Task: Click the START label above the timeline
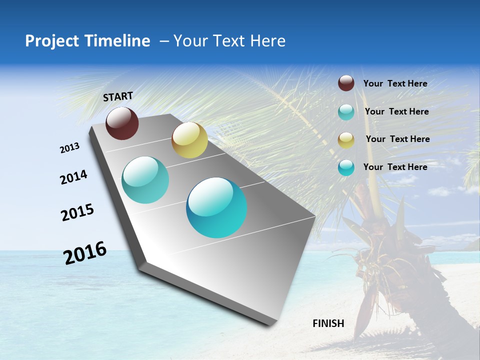[x=118, y=96]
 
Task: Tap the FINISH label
[x=328, y=323]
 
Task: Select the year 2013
[x=70, y=148]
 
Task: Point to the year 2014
[x=74, y=177]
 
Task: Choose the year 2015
[x=77, y=212]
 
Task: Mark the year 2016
[x=85, y=253]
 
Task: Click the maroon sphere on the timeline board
[x=122, y=123]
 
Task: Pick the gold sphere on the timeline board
[x=189, y=140]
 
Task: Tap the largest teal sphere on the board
[x=216, y=207]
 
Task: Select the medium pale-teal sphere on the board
[x=145, y=180]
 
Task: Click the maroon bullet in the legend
[x=346, y=83]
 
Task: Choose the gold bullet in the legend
[x=346, y=139]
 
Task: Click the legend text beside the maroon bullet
[x=395, y=83]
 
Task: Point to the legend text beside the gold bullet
[x=397, y=139]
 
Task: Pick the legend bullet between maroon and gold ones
[x=346, y=112]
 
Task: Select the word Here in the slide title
[x=267, y=41]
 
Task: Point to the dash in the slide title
[x=164, y=41]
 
